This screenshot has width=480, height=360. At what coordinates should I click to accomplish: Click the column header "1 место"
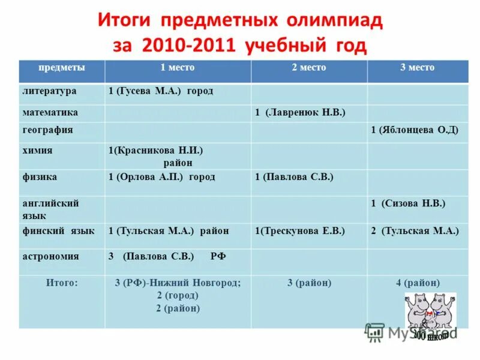177,68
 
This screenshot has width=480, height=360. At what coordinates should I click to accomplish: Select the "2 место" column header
308,68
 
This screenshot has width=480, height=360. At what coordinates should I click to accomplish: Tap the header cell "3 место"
417,68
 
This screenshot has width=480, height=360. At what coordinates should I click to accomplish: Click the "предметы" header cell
62,68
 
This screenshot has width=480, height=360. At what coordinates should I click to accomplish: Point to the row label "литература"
49,91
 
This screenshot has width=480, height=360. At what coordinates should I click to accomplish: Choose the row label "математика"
50,112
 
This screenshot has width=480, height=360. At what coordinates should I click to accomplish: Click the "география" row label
48,130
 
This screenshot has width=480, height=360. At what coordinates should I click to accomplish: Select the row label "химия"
37,151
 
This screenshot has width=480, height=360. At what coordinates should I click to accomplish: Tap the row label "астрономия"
51,256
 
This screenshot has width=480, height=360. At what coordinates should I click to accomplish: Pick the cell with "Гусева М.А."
161,91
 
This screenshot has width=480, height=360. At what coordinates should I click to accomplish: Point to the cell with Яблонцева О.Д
415,130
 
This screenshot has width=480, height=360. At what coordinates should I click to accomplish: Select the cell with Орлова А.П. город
161,177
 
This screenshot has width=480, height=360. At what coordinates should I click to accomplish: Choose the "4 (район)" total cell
418,282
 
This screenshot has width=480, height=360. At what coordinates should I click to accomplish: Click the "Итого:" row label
62,282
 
